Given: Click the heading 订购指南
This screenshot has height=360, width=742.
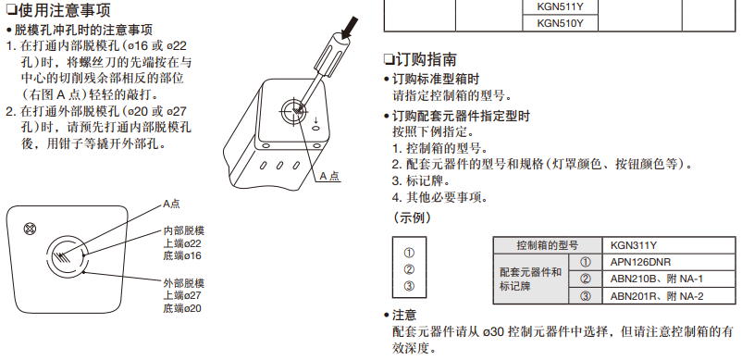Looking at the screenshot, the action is (420, 59).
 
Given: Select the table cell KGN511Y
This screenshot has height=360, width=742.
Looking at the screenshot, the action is (561, 7).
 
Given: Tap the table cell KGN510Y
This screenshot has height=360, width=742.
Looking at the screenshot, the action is (561, 23).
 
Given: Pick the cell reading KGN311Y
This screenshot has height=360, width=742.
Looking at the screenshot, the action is (668, 245).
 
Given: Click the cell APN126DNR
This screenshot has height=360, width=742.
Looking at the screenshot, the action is (668, 262).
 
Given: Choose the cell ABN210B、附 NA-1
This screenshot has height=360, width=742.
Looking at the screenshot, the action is (668, 279).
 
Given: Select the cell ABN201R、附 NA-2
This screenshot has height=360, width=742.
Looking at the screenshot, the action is (668, 296).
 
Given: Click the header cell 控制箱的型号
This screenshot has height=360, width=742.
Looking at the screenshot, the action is (548, 245).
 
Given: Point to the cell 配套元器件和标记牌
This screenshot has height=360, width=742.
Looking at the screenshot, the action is (530, 279).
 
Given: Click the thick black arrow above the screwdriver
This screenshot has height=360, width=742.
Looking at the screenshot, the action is (349, 28).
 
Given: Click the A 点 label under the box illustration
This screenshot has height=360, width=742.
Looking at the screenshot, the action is (329, 176).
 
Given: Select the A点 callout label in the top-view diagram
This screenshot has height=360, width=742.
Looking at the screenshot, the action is (171, 204).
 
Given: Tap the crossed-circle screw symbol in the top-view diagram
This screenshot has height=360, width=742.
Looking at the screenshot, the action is (30, 230).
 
